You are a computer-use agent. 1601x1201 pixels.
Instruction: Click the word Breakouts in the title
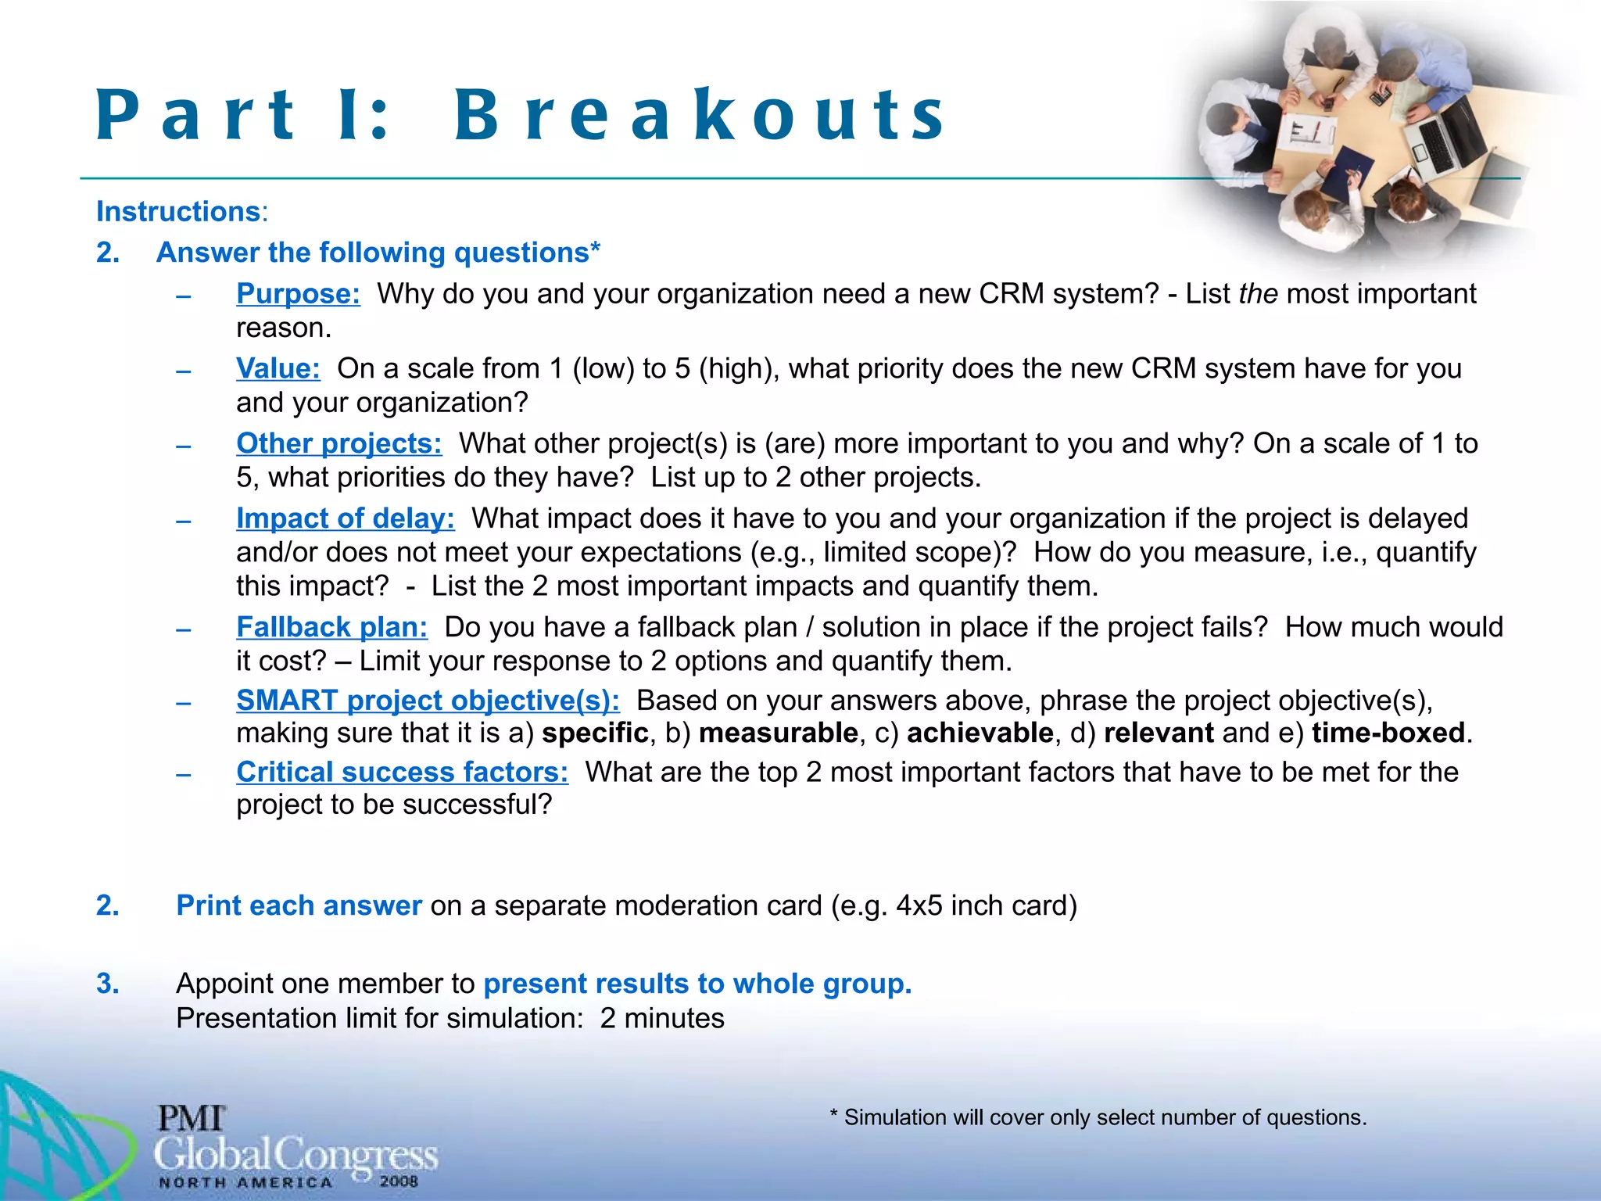[x=700, y=116]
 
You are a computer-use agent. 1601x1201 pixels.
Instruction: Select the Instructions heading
[x=178, y=212]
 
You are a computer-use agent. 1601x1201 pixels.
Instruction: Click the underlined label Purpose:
[x=298, y=294]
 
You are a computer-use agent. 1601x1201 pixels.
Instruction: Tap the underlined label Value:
[x=278, y=368]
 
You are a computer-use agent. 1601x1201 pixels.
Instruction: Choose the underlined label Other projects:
[x=338, y=443]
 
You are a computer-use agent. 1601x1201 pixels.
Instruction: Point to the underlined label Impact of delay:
[x=345, y=518]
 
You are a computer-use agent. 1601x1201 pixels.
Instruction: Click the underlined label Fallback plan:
[x=331, y=627]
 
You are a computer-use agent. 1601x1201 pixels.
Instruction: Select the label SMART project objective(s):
[x=428, y=701]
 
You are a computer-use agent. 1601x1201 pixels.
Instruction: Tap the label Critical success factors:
[x=402, y=773]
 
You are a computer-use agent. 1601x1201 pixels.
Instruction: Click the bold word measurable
[x=778, y=733]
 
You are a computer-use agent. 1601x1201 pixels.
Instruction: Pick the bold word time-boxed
[x=1388, y=733]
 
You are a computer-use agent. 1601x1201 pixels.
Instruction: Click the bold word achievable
[x=980, y=733]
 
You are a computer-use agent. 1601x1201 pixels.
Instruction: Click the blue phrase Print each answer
[x=299, y=905]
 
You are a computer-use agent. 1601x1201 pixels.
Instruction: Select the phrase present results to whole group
[x=697, y=984]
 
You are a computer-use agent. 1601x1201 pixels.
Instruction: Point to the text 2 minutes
[x=662, y=1019]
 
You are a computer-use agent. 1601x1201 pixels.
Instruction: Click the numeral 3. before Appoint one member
[x=108, y=984]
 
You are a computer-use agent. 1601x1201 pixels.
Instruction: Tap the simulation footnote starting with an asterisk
[x=1098, y=1117]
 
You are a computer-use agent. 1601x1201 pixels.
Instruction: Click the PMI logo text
[x=192, y=1118]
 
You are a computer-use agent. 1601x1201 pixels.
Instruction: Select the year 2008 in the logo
[x=399, y=1181]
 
